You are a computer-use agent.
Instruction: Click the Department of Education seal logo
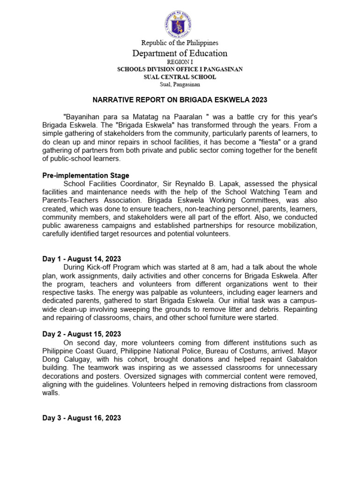(180, 22)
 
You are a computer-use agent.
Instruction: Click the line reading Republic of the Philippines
(180, 43)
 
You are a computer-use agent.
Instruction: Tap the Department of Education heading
(180, 53)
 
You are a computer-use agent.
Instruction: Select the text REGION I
(180, 62)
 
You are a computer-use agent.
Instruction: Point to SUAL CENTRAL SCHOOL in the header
(180, 77)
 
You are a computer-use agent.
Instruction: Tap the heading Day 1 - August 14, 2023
(82, 258)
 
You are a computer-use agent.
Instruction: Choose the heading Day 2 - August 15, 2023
(82, 334)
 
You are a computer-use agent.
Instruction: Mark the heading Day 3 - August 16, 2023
(82, 418)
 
